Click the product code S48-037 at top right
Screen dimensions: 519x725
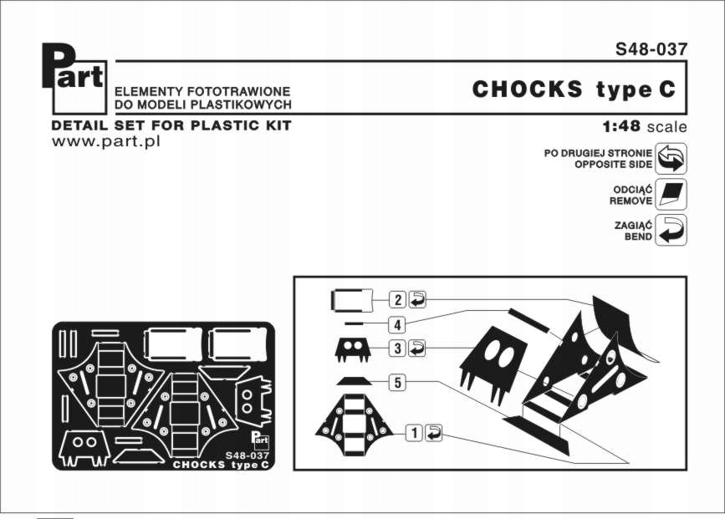651,48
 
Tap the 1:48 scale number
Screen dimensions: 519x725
620,127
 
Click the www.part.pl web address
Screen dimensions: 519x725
105,141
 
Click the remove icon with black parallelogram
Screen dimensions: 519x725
671,194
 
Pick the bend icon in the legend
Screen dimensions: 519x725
671,229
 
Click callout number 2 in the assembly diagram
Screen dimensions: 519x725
398,299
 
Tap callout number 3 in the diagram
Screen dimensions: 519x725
398,347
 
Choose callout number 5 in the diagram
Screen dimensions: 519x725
398,383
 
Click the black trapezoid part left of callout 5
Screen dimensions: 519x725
353,381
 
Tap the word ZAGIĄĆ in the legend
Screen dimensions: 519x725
632,224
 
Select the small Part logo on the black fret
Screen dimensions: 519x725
259,438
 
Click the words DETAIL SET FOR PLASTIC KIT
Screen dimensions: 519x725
171,125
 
